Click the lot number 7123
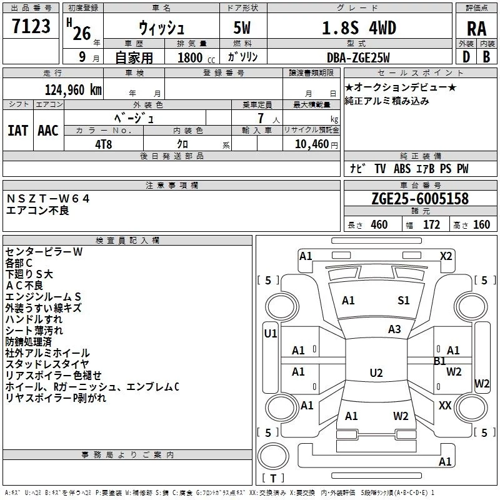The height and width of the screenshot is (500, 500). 31,26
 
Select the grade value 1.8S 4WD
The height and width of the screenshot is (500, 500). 359,28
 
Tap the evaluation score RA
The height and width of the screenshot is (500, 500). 476,29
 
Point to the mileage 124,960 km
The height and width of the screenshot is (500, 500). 73,90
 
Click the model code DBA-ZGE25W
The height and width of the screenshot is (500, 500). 358,57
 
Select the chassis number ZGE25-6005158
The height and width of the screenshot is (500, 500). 420,199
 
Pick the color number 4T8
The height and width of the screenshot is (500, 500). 103,144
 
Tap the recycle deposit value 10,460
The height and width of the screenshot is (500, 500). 311,144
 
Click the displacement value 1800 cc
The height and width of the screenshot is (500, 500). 196,58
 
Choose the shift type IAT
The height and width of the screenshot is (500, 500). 17,131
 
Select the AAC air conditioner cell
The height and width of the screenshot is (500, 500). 48,131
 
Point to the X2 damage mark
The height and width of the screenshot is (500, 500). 446,256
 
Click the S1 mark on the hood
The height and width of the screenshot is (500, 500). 403,301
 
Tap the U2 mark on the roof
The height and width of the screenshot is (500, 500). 376,372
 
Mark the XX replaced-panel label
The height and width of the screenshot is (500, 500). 445,406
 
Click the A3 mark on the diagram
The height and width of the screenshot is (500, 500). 394,329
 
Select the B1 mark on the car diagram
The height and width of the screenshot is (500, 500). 439,361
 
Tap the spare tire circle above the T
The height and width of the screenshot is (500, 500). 273,456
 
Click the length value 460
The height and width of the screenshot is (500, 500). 379,225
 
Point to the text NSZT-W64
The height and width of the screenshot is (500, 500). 48,199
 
